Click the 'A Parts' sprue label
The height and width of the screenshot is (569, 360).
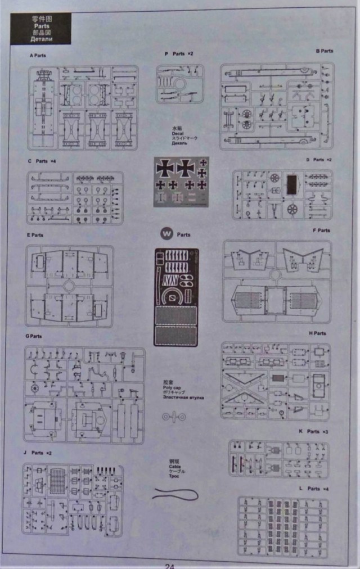click(x=38, y=56)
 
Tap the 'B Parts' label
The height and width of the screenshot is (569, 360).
click(x=324, y=51)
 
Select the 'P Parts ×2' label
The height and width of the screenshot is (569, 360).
click(x=179, y=53)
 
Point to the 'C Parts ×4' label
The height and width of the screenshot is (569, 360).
click(x=42, y=161)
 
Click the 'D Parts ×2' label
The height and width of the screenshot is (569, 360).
click(x=318, y=160)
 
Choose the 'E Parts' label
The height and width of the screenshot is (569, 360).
click(x=35, y=234)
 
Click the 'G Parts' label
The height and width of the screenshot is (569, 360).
click(x=34, y=336)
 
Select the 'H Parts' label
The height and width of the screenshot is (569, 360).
click(x=317, y=333)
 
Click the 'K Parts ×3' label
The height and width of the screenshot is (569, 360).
click(x=313, y=431)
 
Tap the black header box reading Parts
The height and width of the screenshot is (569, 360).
click(x=41, y=28)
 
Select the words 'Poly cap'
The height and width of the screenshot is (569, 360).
click(x=171, y=387)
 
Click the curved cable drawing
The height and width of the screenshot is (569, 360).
click(x=176, y=494)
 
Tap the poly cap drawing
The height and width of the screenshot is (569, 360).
click(x=174, y=416)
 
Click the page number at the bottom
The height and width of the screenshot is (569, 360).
click(x=170, y=565)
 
